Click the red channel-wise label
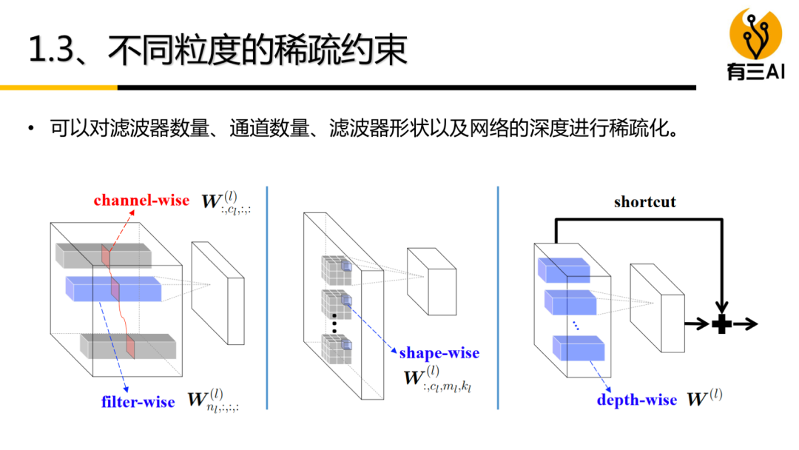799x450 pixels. click(x=141, y=201)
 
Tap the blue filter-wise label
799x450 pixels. click(x=138, y=402)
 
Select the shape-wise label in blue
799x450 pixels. click(x=439, y=353)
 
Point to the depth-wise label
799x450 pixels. click(x=636, y=400)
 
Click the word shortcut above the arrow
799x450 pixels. click(x=644, y=201)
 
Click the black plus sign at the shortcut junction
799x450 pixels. click(x=721, y=323)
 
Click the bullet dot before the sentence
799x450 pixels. click(x=31, y=130)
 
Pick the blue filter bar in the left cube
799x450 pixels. click(x=112, y=288)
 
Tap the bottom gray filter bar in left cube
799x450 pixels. click(x=127, y=346)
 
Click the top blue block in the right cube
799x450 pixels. click(x=563, y=269)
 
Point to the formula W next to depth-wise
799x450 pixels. click(x=704, y=399)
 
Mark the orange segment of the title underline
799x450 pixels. click(x=58, y=87)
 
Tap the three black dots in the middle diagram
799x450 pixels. click(x=334, y=324)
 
